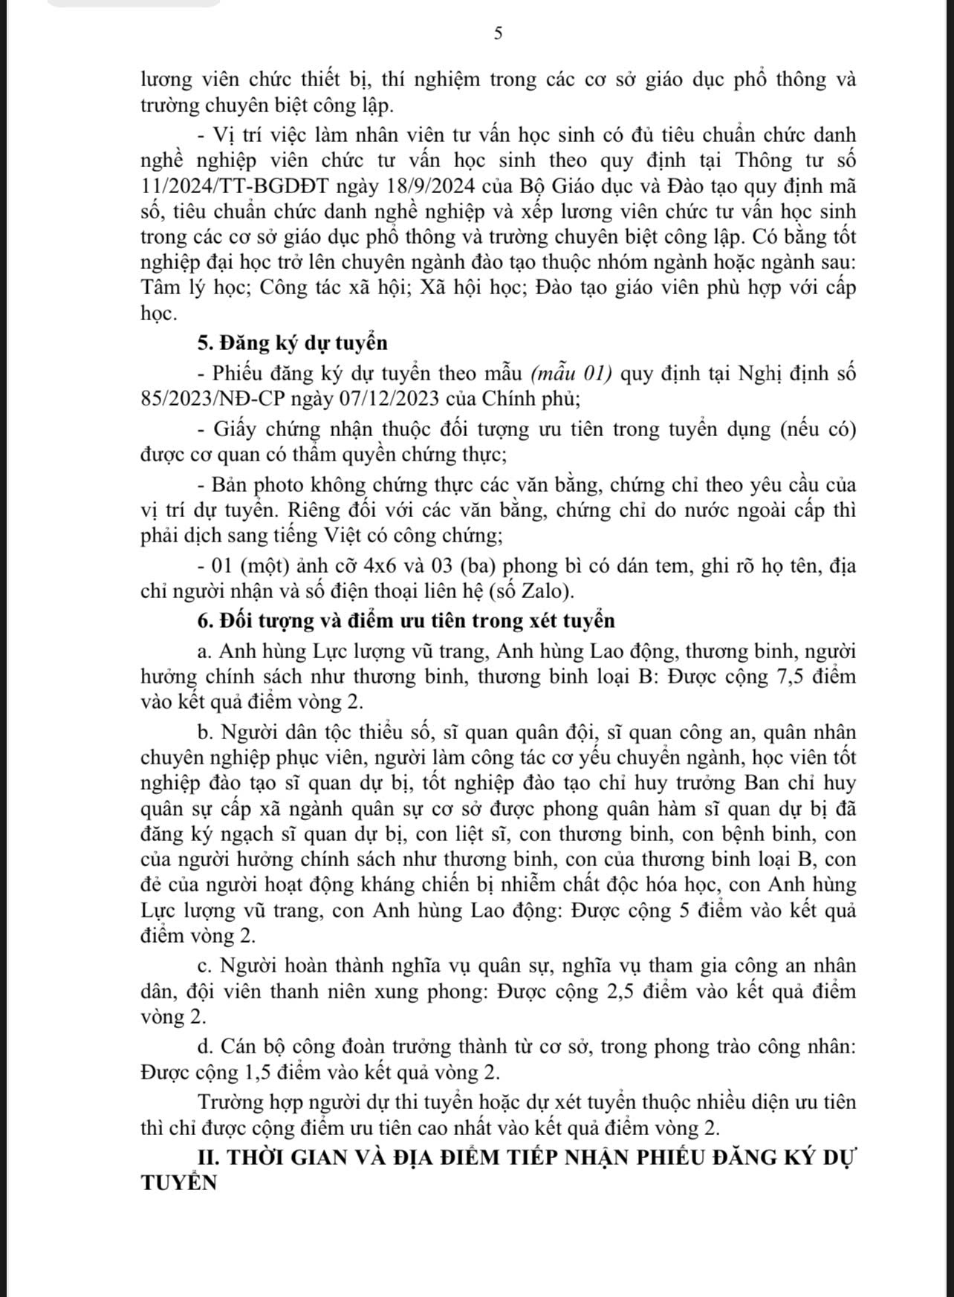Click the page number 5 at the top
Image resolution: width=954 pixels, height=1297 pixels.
click(x=499, y=33)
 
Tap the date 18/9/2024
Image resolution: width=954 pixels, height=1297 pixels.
click(x=418, y=186)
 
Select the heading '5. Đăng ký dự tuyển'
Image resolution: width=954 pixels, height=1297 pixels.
click(x=293, y=343)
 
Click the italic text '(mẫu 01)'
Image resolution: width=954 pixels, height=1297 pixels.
click(x=571, y=374)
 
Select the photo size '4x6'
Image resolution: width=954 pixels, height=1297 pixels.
click(x=406, y=567)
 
